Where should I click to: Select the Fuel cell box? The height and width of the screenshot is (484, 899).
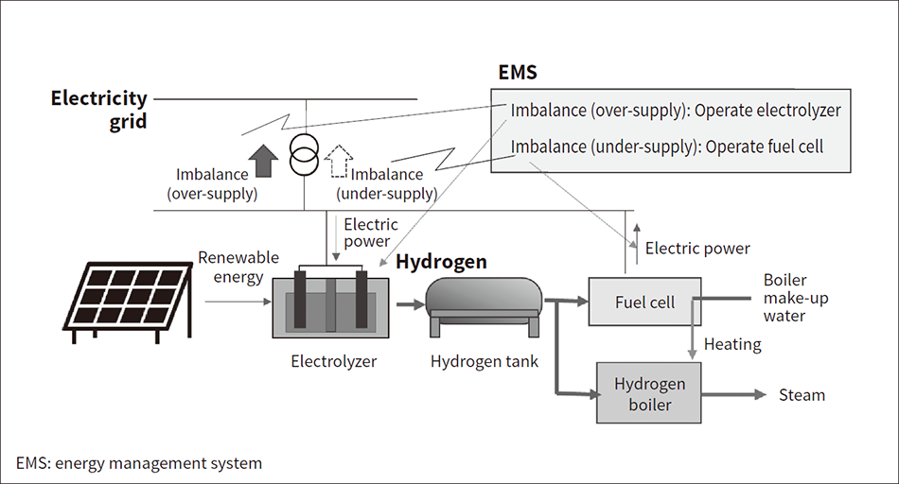(x=644, y=302)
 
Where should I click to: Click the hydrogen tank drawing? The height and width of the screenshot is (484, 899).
(x=484, y=304)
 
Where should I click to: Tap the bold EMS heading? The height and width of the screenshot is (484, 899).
(x=518, y=73)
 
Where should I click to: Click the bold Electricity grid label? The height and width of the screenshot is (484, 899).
(x=99, y=109)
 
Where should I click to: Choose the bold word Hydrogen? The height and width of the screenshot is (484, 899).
(x=441, y=262)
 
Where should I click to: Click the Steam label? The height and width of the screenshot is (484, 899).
(x=801, y=395)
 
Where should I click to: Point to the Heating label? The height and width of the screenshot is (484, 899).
(x=732, y=344)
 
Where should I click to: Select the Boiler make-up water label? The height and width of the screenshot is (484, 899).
(x=784, y=298)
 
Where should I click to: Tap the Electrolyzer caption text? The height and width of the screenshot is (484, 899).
(x=333, y=360)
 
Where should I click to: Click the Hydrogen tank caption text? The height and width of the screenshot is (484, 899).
(x=485, y=360)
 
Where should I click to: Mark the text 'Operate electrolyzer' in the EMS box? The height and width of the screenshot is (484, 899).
(x=767, y=111)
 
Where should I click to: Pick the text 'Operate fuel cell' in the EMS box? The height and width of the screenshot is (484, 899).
(x=765, y=147)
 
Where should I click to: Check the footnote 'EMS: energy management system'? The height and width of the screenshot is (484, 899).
(x=139, y=463)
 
